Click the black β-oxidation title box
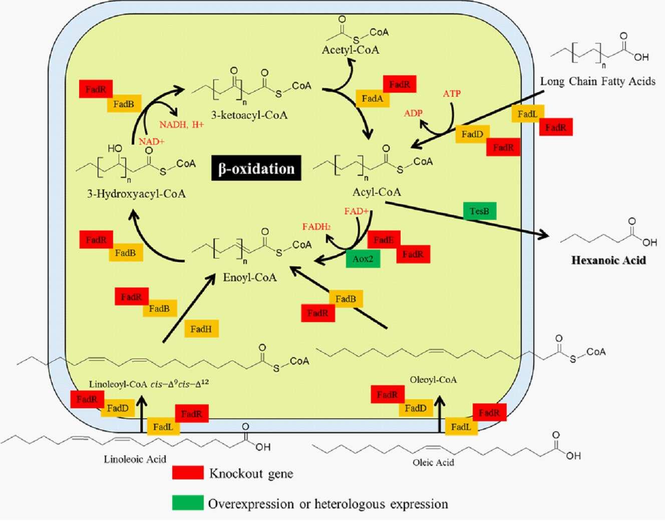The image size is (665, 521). pos(256,168)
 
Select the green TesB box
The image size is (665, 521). pos(479,211)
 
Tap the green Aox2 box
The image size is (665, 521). pos(363,258)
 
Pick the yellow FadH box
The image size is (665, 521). pos(201,329)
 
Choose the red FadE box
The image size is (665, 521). pos(384,240)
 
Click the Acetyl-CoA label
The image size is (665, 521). pos(351,50)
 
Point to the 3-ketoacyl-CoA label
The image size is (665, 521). pos(249,115)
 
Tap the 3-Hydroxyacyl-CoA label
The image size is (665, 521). pos(136,194)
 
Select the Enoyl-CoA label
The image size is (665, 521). pos(250,278)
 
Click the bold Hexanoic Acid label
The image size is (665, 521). pos(608,260)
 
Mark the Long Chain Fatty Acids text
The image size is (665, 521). pos(597,81)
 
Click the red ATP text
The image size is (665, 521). pos(452,94)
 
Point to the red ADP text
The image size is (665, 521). pos(413,113)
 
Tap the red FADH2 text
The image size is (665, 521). pos(316,227)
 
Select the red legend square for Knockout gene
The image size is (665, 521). pos(188,473)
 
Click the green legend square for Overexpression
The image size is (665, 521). pos(188,503)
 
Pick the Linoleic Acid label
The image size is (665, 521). pos(135,459)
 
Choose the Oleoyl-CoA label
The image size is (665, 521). pos(433,380)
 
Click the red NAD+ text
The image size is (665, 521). pos(152,142)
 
